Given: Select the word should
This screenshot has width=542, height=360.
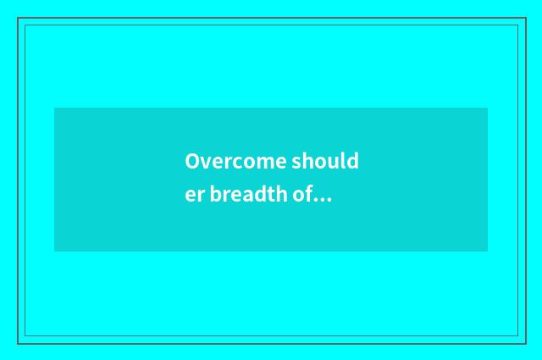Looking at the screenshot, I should (325, 161).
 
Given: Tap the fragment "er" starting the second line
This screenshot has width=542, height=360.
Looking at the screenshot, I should (195, 197).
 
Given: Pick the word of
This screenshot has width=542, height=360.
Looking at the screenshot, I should (302, 196).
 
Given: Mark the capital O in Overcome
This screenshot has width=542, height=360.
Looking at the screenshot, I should (191, 161).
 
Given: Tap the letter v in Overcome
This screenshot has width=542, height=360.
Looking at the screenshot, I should (203, 162).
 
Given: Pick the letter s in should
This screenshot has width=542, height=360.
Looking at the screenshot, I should (296, 162).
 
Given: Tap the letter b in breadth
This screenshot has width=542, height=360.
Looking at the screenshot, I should (215, 196).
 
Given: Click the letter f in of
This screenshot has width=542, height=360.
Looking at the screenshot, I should (309, 195).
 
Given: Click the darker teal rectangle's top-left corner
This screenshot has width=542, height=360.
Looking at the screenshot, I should (54, 108).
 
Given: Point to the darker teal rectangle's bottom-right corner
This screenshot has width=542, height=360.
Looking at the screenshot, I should (488, 252).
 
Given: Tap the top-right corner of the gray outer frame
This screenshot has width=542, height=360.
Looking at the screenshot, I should (525, 18).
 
